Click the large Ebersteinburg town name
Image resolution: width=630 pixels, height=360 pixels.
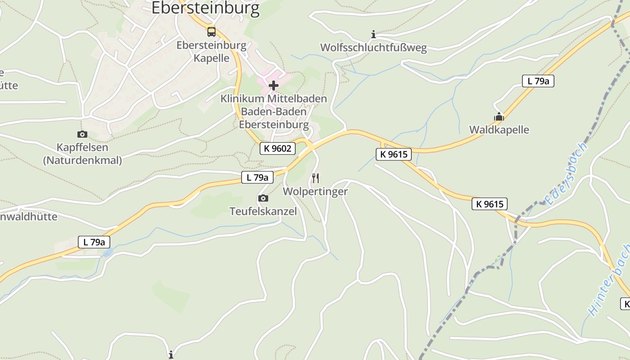point(205,8)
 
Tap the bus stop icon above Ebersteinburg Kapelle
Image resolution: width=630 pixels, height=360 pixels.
point(211,31)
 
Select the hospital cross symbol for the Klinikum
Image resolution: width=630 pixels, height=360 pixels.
point(274,85)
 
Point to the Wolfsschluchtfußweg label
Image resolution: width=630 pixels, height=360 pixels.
point(373,48)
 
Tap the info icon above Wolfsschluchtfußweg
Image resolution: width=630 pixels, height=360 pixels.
point(373,34)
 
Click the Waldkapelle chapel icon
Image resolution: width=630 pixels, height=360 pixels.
point(499,117)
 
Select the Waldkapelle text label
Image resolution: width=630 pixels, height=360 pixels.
point(499,130)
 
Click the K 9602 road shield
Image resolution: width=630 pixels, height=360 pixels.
point(278,148)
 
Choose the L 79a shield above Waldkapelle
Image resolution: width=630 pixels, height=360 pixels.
point(538,81)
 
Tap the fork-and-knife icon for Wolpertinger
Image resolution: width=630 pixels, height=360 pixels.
point(315,178)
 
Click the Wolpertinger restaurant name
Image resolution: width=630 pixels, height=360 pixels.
point(315,191)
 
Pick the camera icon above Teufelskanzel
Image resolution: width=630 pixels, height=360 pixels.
point(263,198)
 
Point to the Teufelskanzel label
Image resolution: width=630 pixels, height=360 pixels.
point(263,211)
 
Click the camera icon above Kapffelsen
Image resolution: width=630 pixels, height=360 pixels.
point(82,134)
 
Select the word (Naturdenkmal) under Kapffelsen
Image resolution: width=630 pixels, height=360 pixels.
point(82,160)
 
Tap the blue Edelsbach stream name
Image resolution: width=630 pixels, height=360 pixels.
point(566,173)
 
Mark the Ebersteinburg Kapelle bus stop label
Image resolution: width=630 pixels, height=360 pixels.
point(211,52)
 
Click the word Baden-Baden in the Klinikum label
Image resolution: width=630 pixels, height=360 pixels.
point(274,112)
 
